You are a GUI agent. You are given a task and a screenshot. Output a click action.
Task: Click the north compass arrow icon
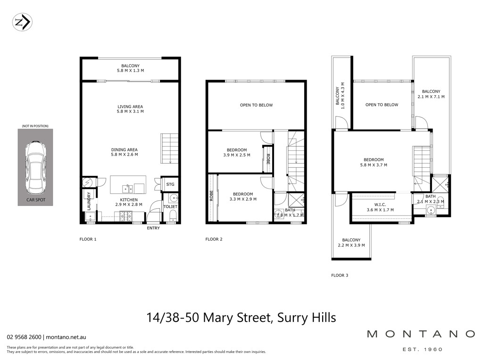pos(22,22)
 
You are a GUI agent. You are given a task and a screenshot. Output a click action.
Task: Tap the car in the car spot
pos(36,167)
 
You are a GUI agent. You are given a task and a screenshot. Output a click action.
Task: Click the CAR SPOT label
pos(36,200)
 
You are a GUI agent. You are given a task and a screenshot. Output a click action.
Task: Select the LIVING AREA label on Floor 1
pos(130,107)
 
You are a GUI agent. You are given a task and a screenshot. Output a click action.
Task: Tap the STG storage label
pos(170,184)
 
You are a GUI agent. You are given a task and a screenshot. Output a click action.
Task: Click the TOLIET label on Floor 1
pos(170,206)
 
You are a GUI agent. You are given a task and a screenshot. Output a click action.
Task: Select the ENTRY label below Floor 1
pos(153,228)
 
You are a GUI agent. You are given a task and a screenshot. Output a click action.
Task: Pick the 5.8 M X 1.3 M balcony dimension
pos(130,71)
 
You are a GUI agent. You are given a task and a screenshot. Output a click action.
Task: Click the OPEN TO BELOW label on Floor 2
pos(256,105)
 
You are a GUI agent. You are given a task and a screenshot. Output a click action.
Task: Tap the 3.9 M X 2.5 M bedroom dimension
pos(237,155)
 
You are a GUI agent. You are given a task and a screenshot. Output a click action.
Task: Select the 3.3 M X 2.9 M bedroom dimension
pos(243,199)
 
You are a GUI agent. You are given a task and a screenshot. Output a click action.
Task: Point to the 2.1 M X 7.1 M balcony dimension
pos(431,97)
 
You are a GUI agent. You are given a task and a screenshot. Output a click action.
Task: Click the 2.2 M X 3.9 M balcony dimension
pos(351,245)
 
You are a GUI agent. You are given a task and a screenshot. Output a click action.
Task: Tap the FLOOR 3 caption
pos(340,275)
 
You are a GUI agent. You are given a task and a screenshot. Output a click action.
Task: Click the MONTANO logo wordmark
pos(421,334)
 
